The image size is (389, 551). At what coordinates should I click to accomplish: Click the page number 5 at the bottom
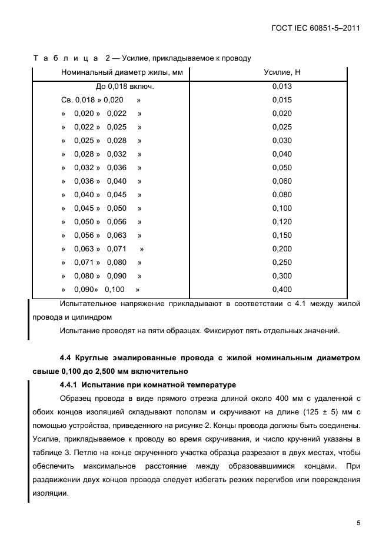tap(358, 522)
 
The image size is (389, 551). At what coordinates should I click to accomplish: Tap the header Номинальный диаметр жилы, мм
tap(122, 72)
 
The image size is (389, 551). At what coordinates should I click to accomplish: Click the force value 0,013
tap(282, 87)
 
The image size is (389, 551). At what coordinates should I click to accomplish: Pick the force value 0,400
tap(282, 290)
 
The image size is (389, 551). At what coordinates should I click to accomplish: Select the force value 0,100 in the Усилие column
tap(282, 208)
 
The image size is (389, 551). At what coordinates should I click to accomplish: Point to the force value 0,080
tap(282, 195)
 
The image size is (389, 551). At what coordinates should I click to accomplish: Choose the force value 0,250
tap(282, 263)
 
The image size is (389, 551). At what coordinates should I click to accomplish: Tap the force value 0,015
tap(282, 100)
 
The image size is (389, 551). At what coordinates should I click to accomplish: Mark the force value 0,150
tap(282, 235)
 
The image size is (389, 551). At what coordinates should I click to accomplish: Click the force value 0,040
tap(282, 154)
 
